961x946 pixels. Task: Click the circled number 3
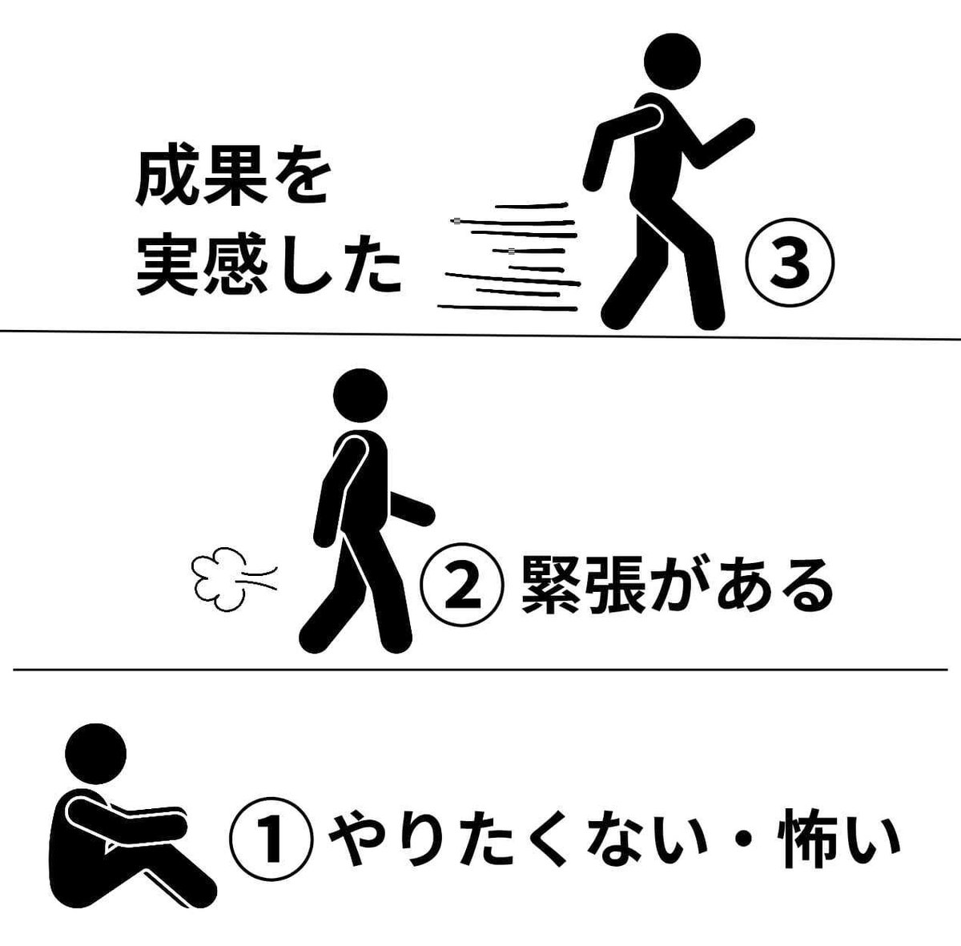[x=790, y=263]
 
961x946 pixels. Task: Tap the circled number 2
[x=462, y=585]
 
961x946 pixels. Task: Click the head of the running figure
[x=672, y=62]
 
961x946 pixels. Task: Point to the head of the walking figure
[x=360, y=396]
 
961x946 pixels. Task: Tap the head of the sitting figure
[x=96, y=754]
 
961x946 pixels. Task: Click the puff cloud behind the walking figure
[x=219, y=579]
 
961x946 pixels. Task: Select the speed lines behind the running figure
[x=509, y=258]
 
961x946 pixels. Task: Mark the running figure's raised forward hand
[x=743, y=127]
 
